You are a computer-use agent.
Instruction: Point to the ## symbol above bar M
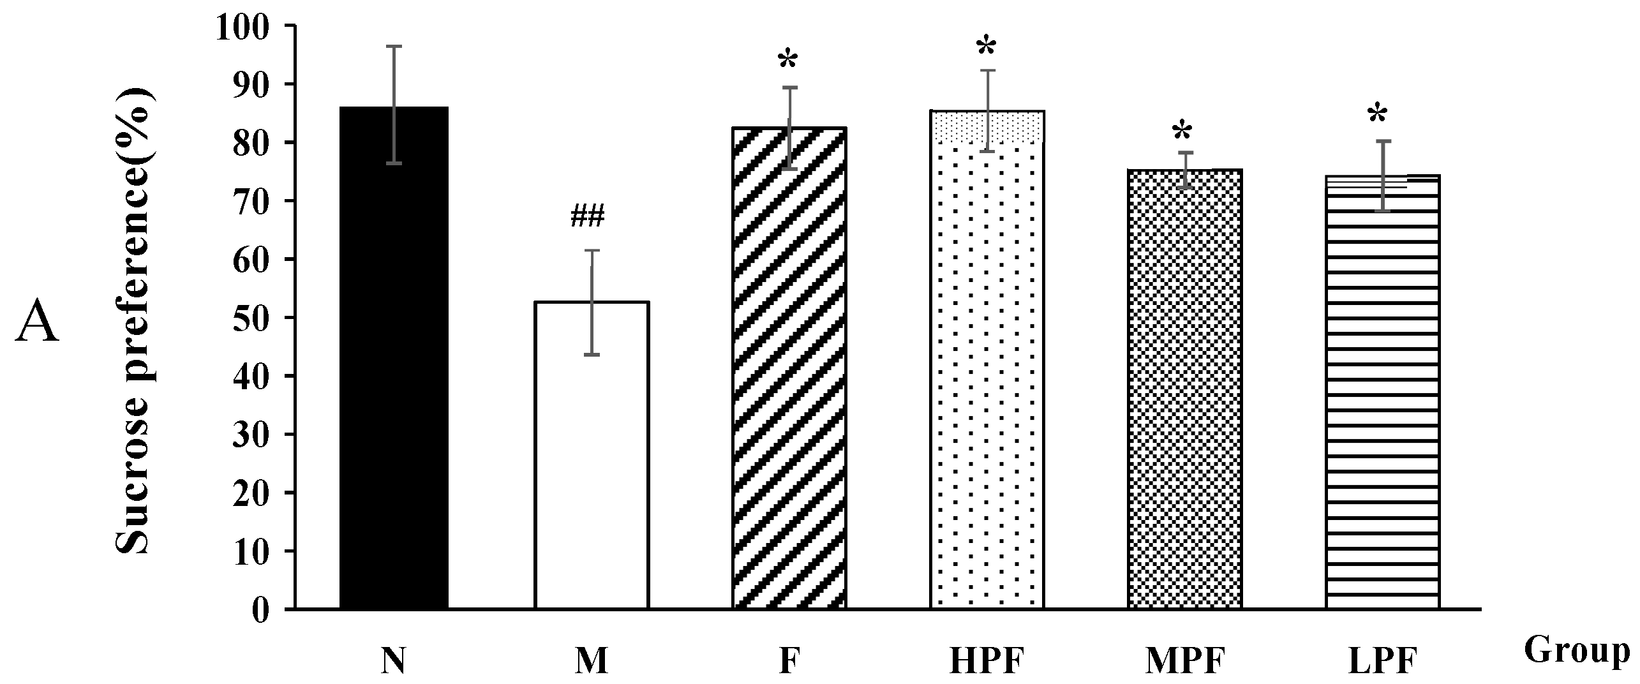coord(588,217)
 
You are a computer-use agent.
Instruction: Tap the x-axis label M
coord(592,662)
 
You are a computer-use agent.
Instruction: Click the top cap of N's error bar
coord(394,47)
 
